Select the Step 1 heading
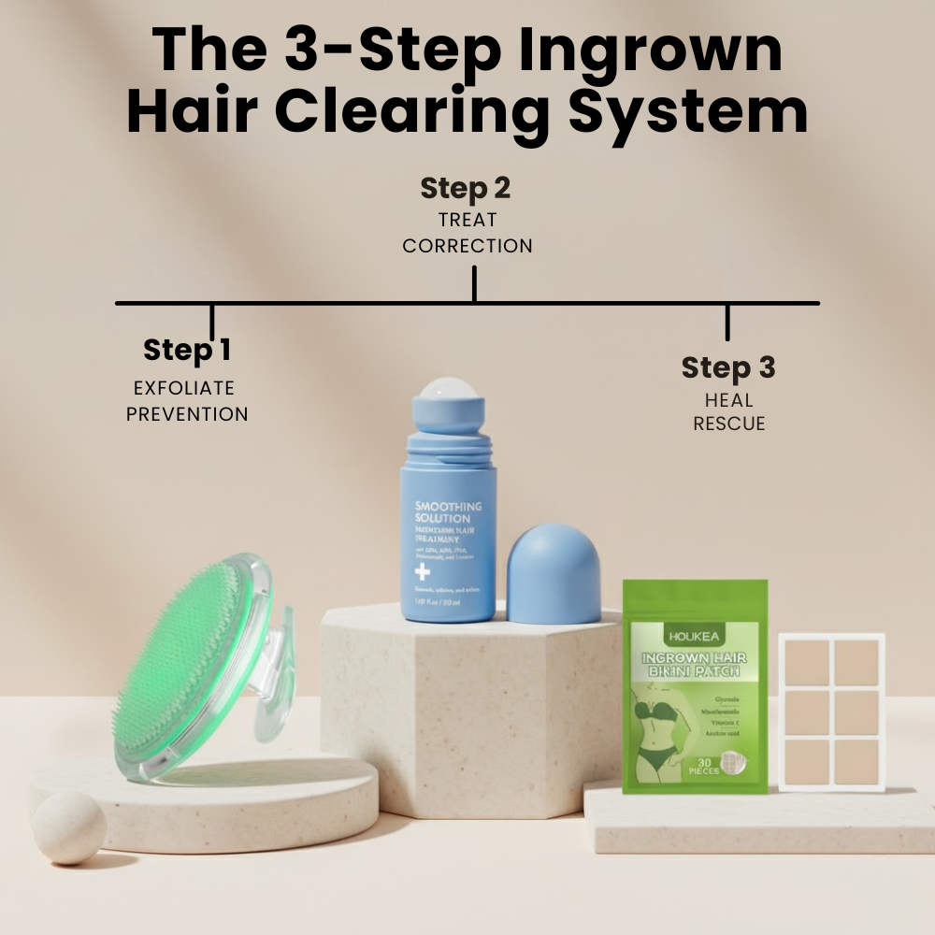coord(187,350)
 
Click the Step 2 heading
coord(466,188)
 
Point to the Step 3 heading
coord(728,367)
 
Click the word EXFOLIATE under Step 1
coord(184,388)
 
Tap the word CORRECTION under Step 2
coord(467,246)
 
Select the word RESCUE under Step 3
coord(728,424)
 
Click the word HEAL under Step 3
coord(728,400)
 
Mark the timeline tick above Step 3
coord(727,323)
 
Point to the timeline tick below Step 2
coord(474,284)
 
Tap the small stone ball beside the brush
coord(70,827)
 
